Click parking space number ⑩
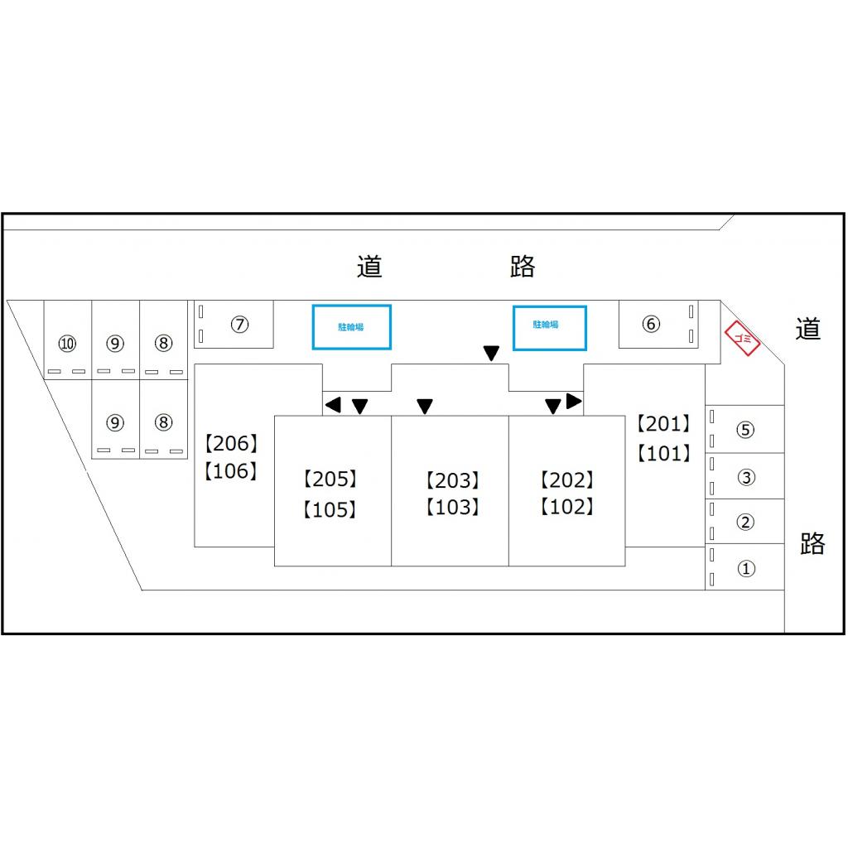[x=67, y=343]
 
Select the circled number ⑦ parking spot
[x=239, y=325]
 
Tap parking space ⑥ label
[x=651, y=324]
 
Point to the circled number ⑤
[x=745, y=430]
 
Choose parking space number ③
[x=745, y=477]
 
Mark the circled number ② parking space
[x=745, y=522]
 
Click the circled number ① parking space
[x=745, y=569]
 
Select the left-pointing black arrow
[x=333, y=405]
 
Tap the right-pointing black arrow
[x=574, y=402]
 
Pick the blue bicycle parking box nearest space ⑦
[x=351, y=327]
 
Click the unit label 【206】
[x=231, y=444]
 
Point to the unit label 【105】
[x=330, y=509]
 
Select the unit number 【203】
[x=453, y=480]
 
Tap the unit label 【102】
[x=567, y=507]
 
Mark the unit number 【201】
[x=663, y=424]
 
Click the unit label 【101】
[x=663, y=454]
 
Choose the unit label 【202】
[x=567, y=479]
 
